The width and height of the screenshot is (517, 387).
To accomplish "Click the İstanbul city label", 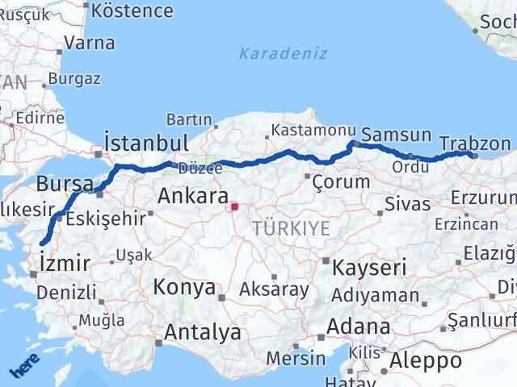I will [x=147, y=143].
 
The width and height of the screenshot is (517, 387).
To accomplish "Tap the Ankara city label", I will [x=192, y=196].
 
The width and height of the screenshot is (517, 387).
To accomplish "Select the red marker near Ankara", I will [x=234, y=206].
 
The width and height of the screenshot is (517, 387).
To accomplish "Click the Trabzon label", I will [x=475, y=144].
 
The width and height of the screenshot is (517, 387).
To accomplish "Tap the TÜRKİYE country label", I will [x=290, y=228].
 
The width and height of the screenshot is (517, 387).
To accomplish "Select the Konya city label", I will [x=186, y=288].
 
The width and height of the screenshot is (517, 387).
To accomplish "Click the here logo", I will [x=24, y=368].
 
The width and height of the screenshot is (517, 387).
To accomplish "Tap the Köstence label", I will [x=133, y=11].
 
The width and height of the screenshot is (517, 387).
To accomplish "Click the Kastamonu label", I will [x=302, y=130].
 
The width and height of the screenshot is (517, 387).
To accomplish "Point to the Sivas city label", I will [x=407, y=203].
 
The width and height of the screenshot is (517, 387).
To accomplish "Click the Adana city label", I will [x=359, y=327].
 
